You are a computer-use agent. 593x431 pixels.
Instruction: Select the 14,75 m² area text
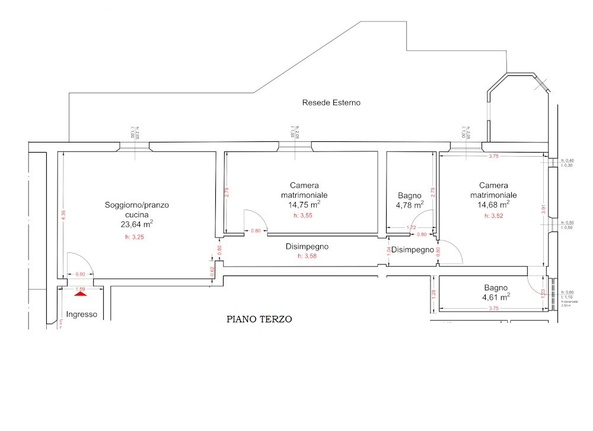click(301, 204)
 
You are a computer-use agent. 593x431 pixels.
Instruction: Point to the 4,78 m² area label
click(410, 205)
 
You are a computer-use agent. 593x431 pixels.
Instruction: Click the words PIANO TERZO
click(259, 319)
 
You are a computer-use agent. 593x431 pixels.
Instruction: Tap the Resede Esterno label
click(331, 103)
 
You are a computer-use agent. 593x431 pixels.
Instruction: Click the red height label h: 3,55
click(303, 215)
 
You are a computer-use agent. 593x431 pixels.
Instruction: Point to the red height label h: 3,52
click(493, 215)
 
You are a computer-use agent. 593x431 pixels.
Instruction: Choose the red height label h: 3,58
click(307, 256)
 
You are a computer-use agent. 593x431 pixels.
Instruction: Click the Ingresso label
click(81, 315)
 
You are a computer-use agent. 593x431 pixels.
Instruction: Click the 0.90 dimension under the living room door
click(81, 274)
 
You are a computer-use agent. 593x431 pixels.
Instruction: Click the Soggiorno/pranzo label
click(137, 205)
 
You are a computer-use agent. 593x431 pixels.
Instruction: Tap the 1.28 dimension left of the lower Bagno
click(433, 293)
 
